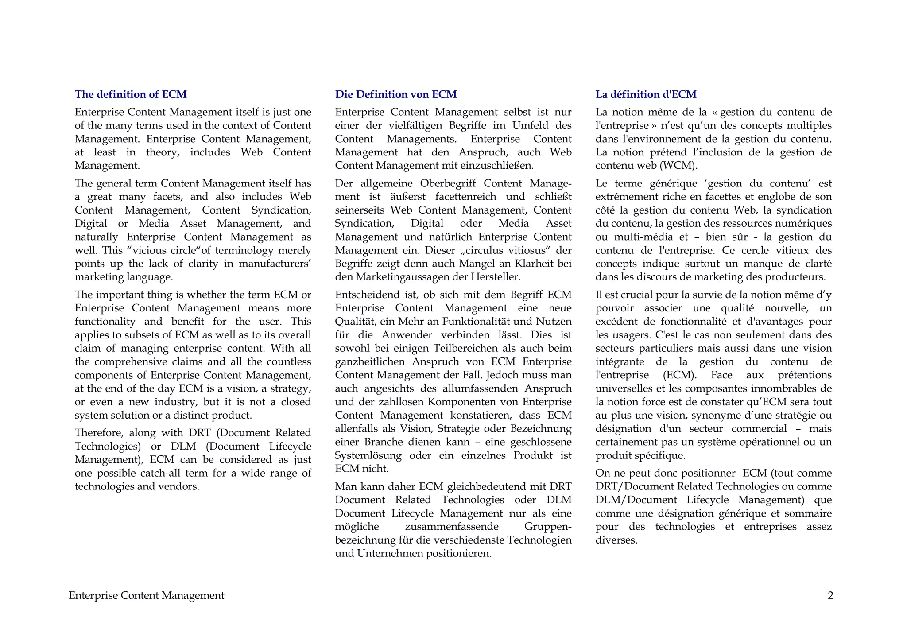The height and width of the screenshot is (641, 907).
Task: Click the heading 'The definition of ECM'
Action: click(131, 94)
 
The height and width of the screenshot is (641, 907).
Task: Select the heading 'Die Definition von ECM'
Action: click(395, 94)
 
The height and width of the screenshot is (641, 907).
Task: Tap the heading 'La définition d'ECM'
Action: click(646, 94)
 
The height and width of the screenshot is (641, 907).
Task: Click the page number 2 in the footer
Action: click(830, 595)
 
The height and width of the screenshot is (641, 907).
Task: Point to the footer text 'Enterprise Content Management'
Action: click(146, 595)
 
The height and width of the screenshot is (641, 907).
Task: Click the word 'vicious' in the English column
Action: click(149, 250)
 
